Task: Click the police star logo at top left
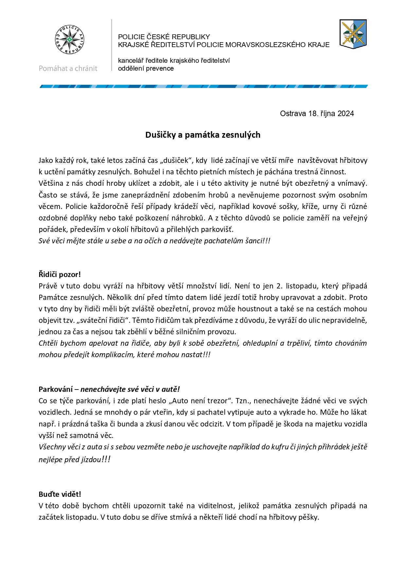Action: [x=69, y=40]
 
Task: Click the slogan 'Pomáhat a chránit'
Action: [x=68, y=68]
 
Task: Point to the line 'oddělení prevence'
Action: [x=146, y=68]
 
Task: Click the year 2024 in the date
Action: [x=346, y=113]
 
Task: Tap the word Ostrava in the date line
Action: [x=293, y=113]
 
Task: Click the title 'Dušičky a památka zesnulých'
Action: [x=203, y=135]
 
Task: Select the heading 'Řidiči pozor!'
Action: [x=60, y=274]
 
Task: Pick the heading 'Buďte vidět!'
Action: [x=60, y=494]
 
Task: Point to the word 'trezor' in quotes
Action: [x=218, y=401]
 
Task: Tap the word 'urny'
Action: [x=338, y=206]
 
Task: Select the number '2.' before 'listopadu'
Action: [x=279, y=286]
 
